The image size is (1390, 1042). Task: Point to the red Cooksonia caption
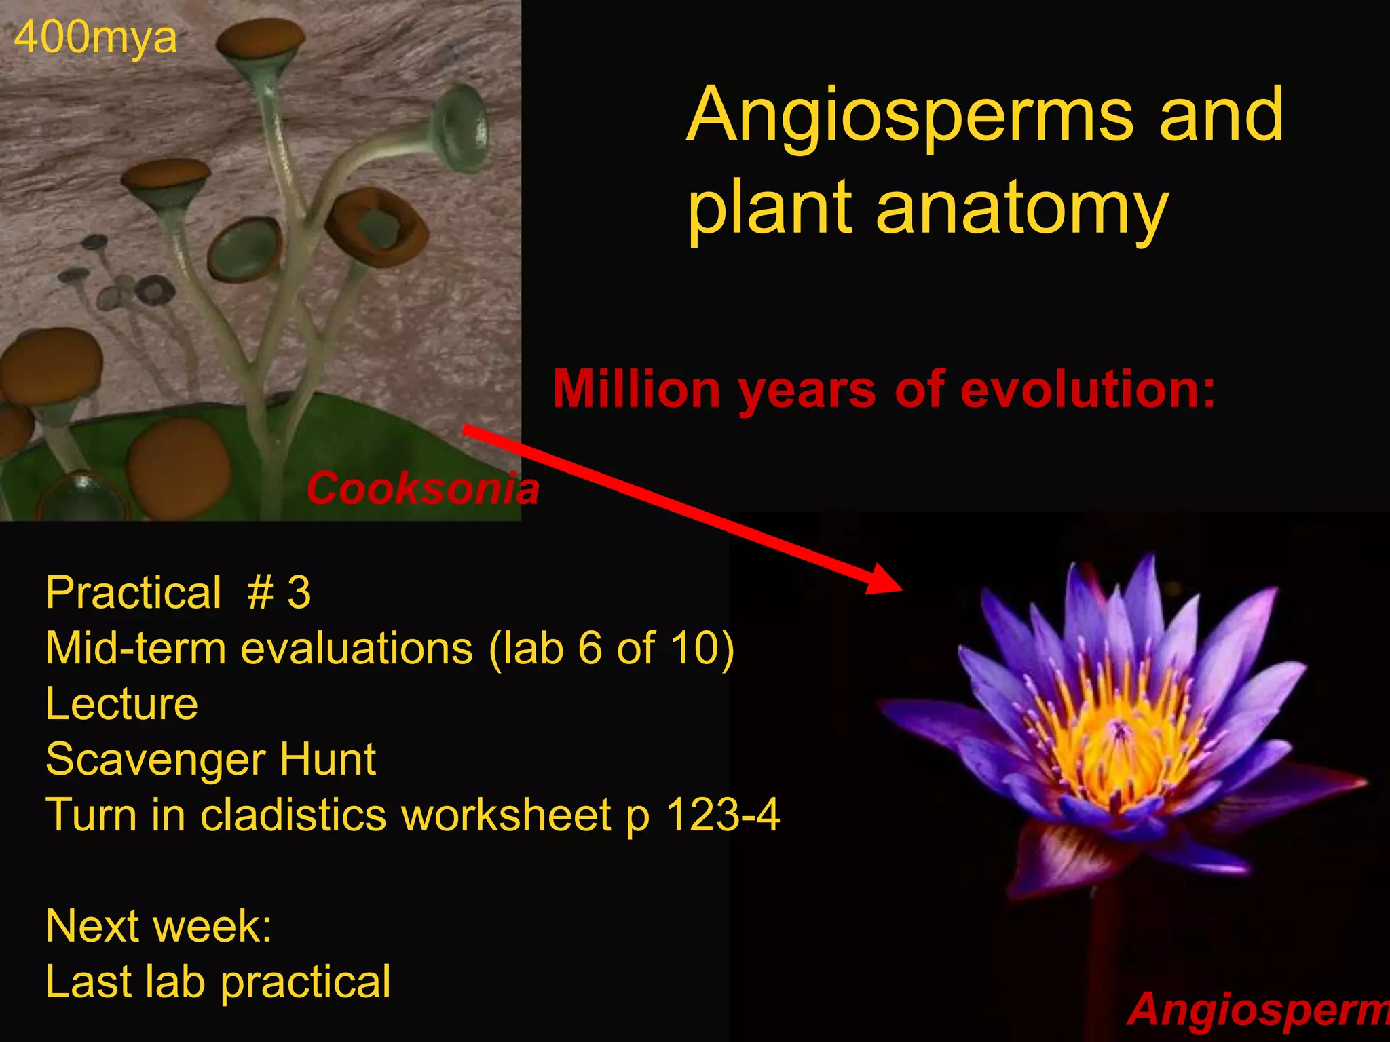click(422, 488)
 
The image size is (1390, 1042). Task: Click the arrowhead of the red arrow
click(886, 580)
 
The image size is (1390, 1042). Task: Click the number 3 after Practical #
click(299, 593)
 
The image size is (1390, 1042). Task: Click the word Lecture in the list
click(121, 704)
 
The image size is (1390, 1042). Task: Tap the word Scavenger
click(153, 760)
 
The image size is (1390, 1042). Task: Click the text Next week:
click(158, 926)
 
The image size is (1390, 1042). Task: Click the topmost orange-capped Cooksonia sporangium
click(261, 41)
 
